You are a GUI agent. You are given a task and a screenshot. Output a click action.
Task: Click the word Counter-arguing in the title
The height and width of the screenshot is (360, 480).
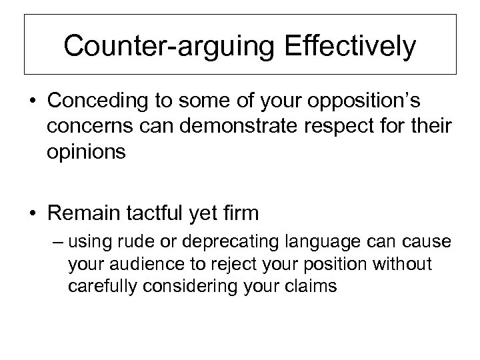(157, 47)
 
